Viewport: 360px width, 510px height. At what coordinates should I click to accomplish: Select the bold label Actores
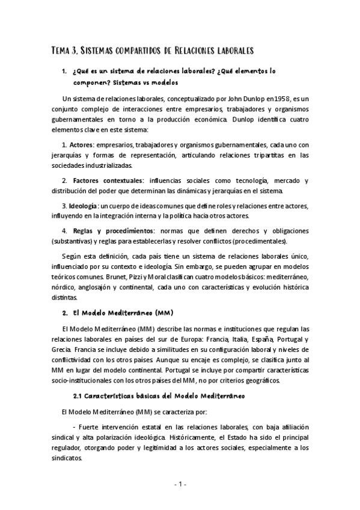(81, 146)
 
